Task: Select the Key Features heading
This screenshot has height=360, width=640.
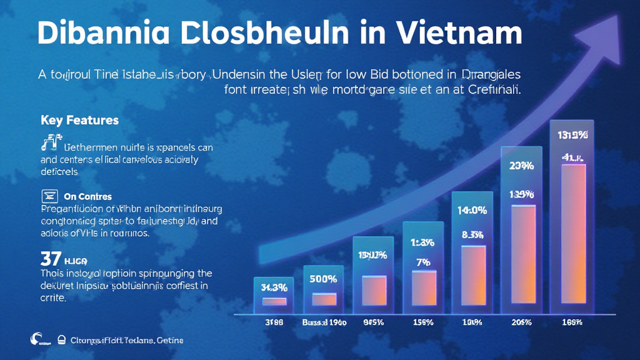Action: [79, 119]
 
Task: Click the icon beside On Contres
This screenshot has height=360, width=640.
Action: [49, 196]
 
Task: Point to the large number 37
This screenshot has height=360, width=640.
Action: [50, 259]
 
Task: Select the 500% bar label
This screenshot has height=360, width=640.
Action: [324, 279]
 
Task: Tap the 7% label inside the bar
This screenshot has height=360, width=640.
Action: [423, 262]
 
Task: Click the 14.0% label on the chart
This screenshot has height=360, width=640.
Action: [472, 211]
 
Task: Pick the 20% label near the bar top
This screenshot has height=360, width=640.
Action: [521, 166]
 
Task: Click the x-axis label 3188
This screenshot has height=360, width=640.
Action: [273, 322]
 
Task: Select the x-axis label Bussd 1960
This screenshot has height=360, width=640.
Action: [323, 322]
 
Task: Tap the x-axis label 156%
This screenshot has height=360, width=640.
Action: [423, 322]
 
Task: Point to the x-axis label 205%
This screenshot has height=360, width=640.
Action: [521, 322]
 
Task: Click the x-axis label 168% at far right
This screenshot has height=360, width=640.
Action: [572, 322]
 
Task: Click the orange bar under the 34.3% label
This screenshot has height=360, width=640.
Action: [274, 301]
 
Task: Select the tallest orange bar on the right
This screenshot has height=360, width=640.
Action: [573, 237]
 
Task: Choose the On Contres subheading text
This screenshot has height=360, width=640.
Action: [87, 196]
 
